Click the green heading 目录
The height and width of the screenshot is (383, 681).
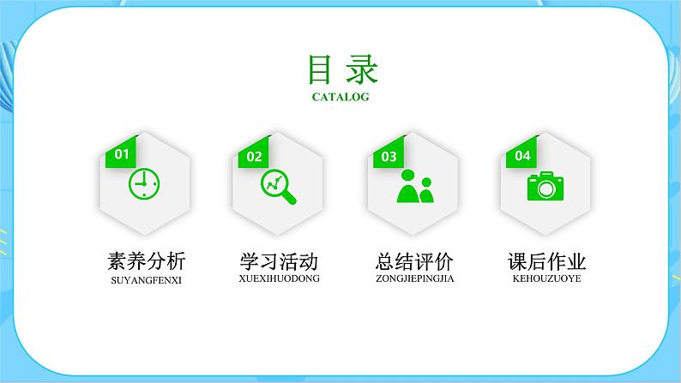340,69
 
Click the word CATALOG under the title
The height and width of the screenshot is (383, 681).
340,97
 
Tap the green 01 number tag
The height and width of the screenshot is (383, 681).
121,154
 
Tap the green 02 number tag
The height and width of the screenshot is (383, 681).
254,156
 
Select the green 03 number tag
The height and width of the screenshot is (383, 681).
389,156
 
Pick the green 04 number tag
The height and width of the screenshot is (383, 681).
522,155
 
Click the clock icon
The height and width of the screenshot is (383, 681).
144,183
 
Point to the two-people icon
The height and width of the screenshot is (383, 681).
414,186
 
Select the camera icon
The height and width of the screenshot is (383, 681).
545,186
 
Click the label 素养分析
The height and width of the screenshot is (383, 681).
147,261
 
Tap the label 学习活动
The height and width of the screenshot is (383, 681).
279,261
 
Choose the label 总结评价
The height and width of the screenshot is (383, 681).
415,261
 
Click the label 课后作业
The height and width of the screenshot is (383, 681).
547,261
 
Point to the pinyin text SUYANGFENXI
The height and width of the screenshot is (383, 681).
147,279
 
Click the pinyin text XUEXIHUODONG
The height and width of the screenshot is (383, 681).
279,278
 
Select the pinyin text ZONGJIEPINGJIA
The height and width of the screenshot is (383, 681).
415,278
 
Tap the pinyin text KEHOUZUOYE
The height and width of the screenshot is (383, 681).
547,278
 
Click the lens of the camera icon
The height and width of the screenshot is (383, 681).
545,188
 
